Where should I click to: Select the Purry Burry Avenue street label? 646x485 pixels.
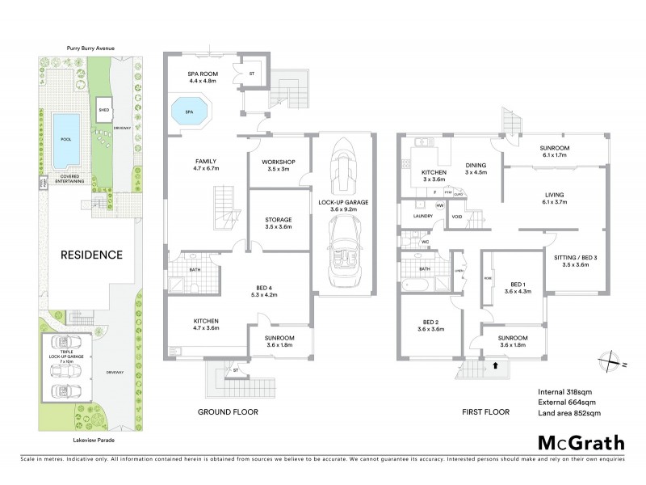(90, 48)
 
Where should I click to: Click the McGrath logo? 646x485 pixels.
(581, 442)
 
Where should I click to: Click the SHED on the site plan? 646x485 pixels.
(103, 108)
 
